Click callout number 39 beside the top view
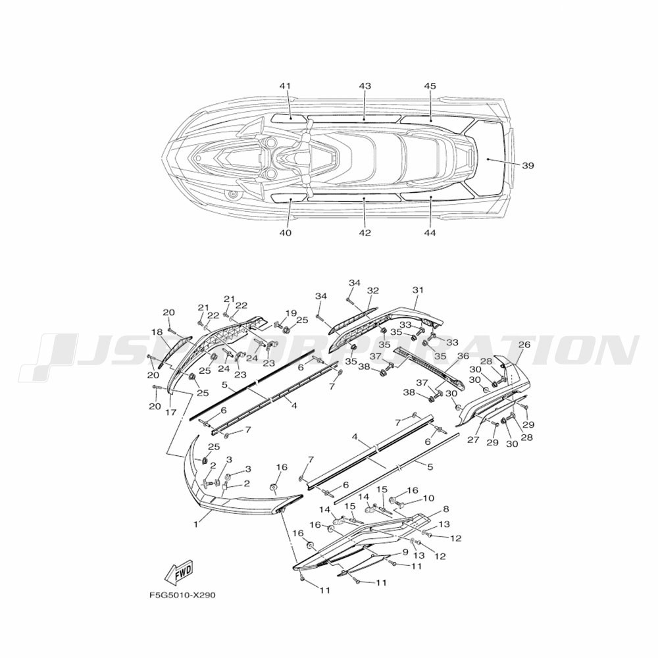(x=528, y=165)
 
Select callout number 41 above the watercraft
(x=285, y=86)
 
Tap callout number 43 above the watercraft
(x=365, y=86)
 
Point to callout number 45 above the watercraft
(x=430, y=86)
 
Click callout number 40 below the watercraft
(x=286, y=232)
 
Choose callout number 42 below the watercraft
(x=365, y=232)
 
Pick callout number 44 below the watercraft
(x=430, y=232)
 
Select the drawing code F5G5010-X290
(x=182, y=595)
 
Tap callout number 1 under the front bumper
(x=195, y=524)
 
